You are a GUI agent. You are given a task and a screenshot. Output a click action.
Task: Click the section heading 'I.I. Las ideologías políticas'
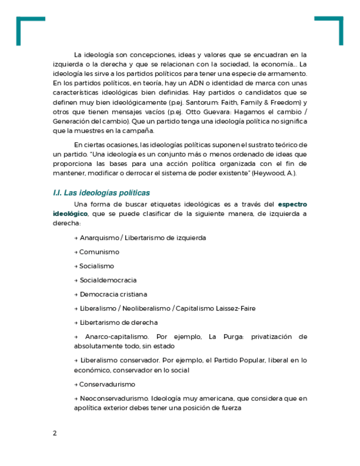click(x=101, y=193)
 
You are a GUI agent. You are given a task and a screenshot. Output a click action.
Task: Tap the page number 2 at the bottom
click(x=55, y=433)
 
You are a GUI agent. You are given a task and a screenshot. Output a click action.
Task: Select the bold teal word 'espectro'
click(x=292, y=204)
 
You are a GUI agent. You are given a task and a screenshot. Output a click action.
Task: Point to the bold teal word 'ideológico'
click(x=70, y=214)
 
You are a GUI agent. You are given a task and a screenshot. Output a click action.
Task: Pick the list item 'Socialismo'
click(x=97, y=266)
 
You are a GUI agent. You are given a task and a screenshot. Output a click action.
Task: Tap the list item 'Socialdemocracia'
click(x=108, y=280)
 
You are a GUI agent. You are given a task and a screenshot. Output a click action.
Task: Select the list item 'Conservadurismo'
click(x=107, y=385)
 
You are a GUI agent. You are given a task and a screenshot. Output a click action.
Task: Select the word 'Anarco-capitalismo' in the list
click(x=117, y=337)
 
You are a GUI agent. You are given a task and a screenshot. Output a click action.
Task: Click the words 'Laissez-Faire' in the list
click(x=237, y=308)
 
